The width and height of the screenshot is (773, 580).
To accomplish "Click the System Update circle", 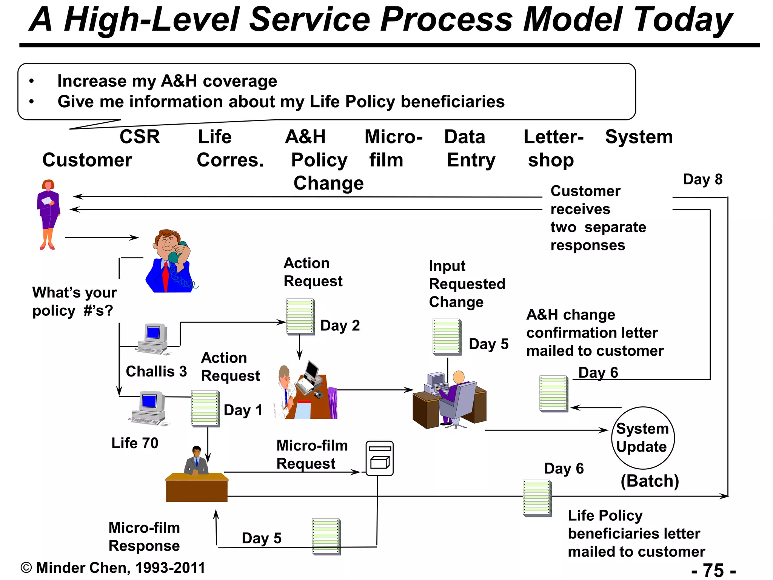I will [643, 438].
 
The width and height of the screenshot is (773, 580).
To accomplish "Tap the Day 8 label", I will [702, 179].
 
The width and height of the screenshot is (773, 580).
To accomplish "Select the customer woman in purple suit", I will [48, 213].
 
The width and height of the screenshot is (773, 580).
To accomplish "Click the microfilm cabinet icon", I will [379, 458].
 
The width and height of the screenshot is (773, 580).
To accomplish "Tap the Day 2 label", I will [340, 325].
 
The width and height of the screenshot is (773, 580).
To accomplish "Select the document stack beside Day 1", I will [205, 409].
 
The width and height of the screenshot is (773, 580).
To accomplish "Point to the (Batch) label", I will [650, 481].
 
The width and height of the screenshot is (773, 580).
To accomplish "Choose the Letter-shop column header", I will [553, 148].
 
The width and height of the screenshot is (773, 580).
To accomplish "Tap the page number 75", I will [713, 570].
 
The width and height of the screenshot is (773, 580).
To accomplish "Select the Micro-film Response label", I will [144, 537].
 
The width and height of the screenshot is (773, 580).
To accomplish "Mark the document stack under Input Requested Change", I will [447, 337].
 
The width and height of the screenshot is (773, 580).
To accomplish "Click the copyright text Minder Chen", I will [113, 568].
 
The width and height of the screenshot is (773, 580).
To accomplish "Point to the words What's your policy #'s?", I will [74, 301].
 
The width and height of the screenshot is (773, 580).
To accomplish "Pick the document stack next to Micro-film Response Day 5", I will [326, 537].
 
